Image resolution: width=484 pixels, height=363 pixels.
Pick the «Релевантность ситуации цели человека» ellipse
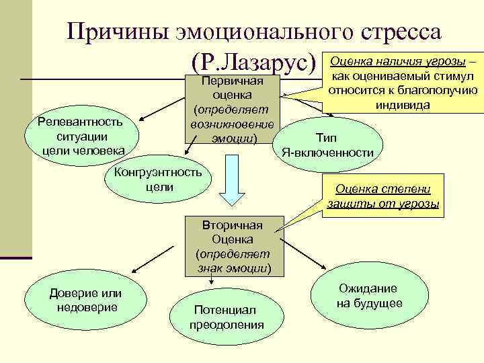80,134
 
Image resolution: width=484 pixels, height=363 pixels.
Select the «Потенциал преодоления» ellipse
227,316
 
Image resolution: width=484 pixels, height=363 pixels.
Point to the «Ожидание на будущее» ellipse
369,295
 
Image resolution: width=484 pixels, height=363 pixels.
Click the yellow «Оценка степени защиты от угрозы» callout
383,196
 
